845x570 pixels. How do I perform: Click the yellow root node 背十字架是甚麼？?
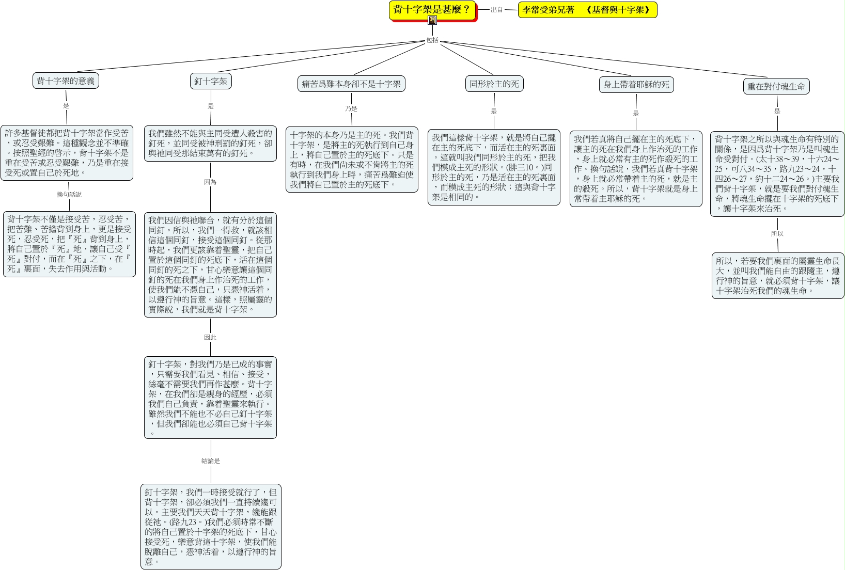(433, 10)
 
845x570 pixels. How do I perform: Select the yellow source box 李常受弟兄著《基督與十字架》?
(587, 10)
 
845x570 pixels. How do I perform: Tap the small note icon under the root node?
(432, 20)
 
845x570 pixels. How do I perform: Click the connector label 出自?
(497, 10)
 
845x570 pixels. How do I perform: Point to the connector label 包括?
(432, 40)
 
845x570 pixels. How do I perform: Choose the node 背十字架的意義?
(66, 81)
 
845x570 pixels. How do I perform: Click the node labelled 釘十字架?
(211, 82)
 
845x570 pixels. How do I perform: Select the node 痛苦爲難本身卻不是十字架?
(351, 84)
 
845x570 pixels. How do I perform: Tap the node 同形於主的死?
(494, 84)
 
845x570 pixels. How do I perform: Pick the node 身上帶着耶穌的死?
(636, 85)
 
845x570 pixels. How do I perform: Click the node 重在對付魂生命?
(776, 86)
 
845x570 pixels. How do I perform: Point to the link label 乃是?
(351, 108)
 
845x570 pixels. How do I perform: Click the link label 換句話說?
(69, 195)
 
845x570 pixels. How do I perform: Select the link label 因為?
(210, 182)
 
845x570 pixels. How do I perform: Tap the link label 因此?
(210, 337)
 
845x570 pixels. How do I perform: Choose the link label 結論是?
(211, 461)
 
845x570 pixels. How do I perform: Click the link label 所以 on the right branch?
(777, 233)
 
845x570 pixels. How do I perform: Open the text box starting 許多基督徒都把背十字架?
(67, 153)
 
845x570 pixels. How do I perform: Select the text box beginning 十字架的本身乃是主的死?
(352, 160)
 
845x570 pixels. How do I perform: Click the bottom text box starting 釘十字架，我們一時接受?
(211, 527)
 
